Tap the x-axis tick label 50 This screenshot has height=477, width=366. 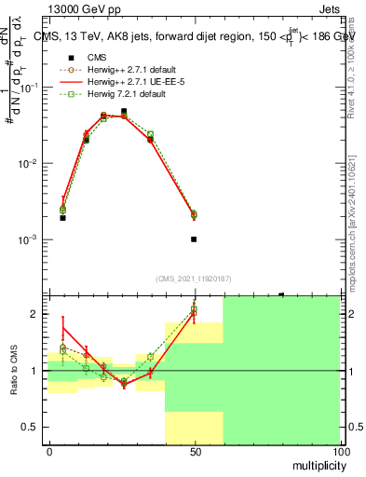pos(194,452)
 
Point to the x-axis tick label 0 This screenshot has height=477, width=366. pos(48,452)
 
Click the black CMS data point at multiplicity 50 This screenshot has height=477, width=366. pos(194,239)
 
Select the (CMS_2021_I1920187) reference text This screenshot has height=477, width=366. pos(194,278)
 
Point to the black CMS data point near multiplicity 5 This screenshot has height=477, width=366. pos(62,218)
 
